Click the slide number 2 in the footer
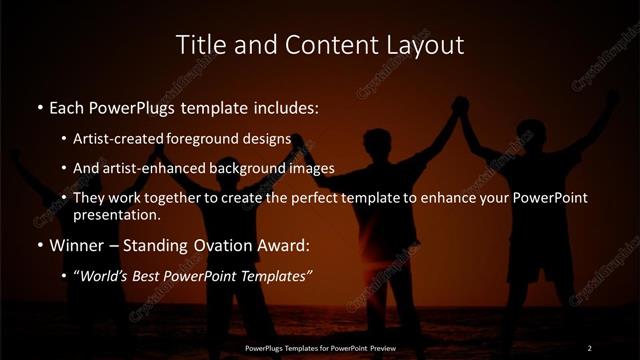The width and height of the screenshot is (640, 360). pos(589,348)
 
